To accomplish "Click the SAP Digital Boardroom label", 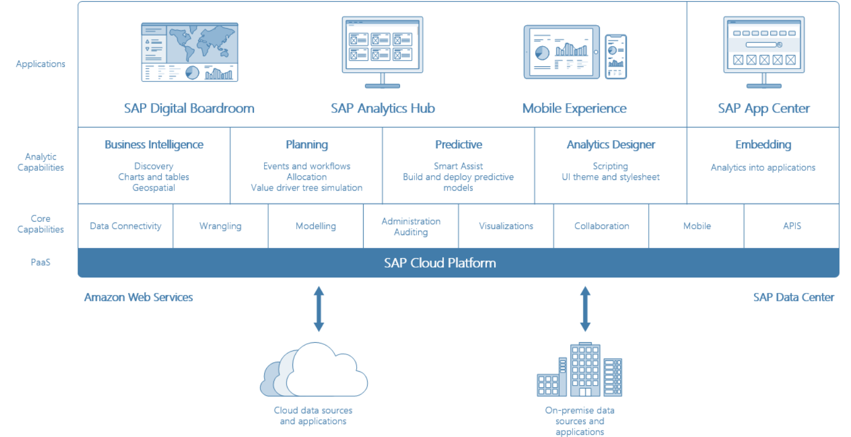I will (189, 109).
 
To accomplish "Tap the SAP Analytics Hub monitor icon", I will (382, 51).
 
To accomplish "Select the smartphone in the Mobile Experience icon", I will (616, 56).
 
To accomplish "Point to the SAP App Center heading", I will (764, 109).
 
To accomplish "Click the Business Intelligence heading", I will (154, 145).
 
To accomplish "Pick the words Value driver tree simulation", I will (307, 188).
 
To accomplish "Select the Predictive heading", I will (458, 145).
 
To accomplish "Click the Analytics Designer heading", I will (611, 145).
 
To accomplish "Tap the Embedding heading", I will (763, 145).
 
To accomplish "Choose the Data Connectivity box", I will (125, 226).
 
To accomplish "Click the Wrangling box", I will (220, 226).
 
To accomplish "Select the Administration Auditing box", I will (411, 227).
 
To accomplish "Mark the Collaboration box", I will (601, 226).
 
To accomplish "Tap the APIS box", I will (792, 226).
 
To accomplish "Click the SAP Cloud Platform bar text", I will (440, 263).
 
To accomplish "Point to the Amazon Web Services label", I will (138, 297).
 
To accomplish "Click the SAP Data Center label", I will (793, 297).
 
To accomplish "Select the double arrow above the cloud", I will (319, 309).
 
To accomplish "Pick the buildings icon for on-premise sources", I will (580, 370).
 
